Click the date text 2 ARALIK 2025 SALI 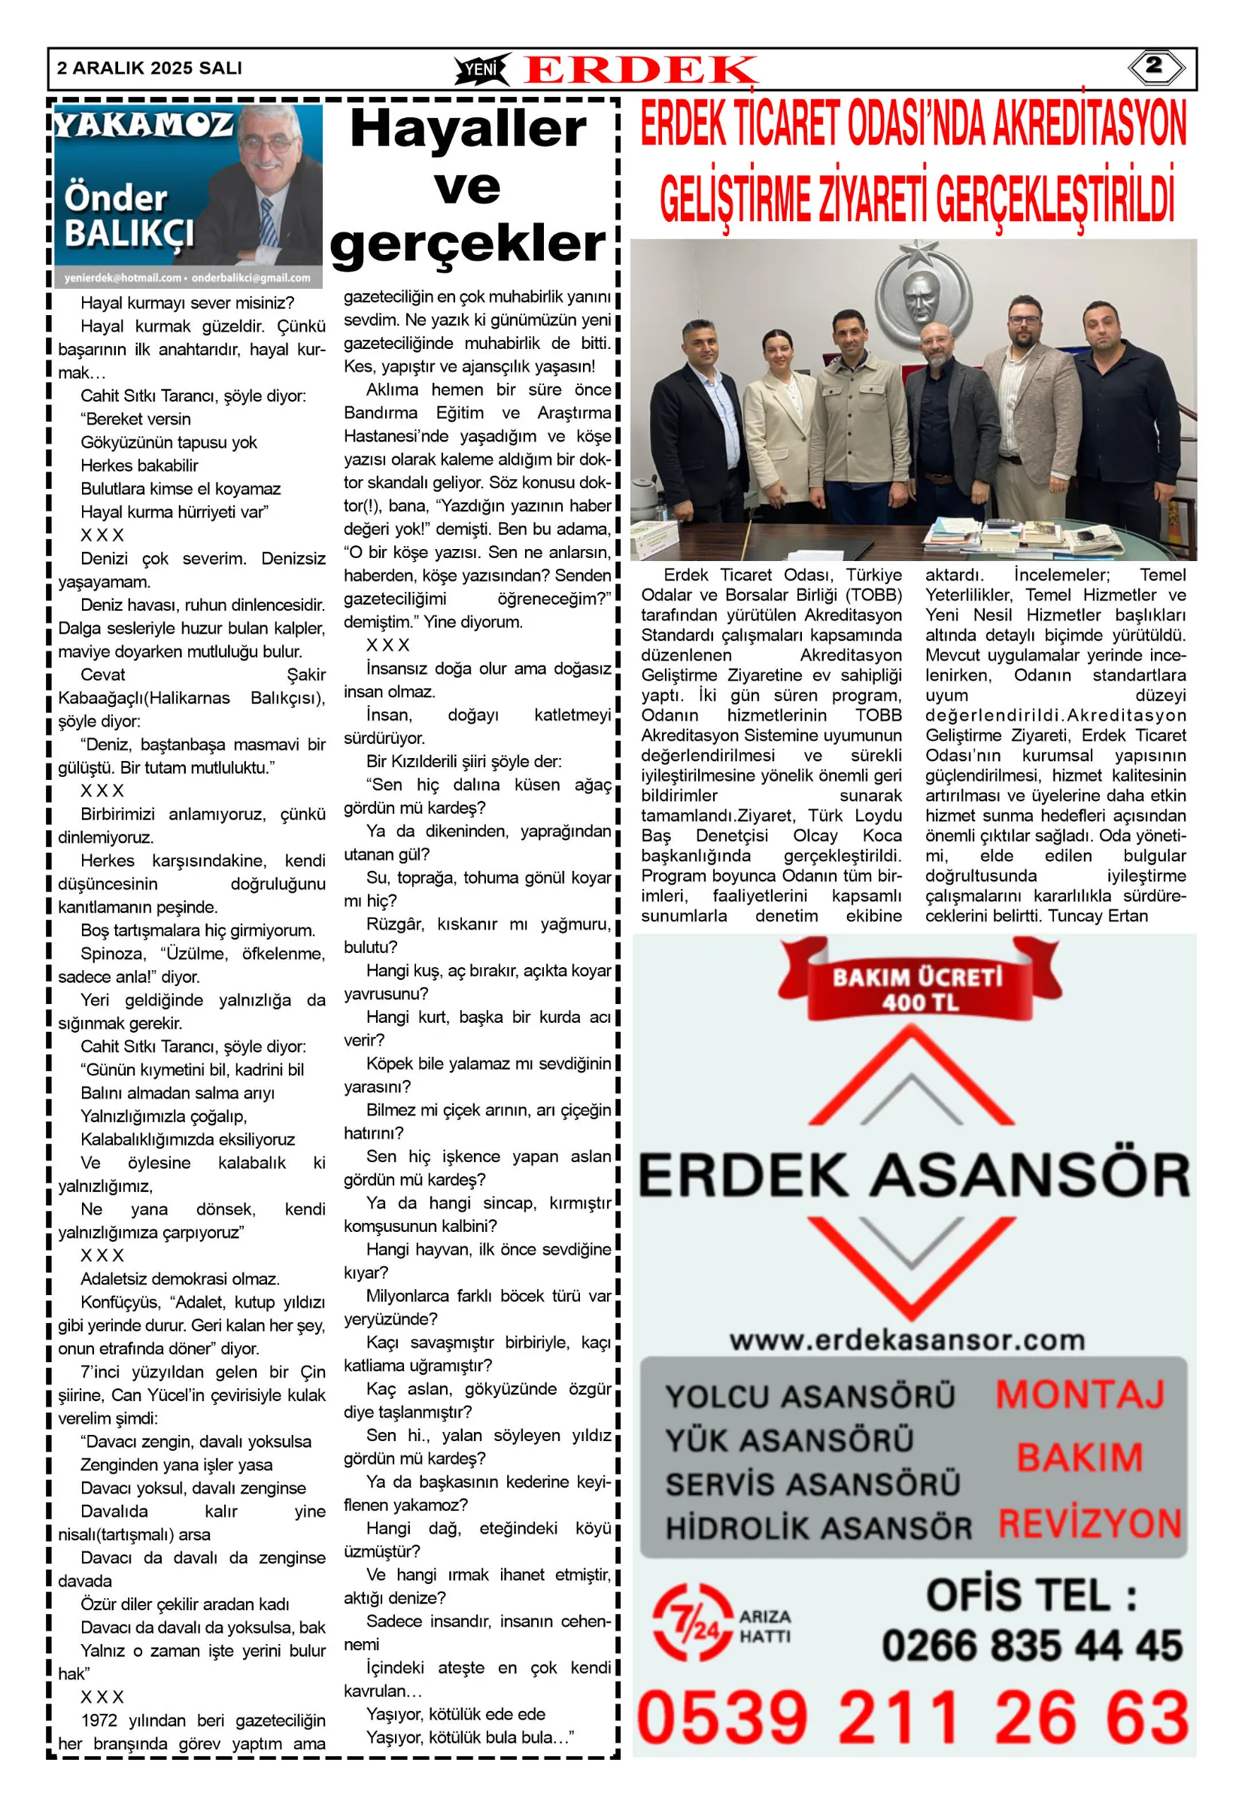click(150, 68)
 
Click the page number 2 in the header click(1155, 67)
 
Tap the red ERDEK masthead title click(639, 70)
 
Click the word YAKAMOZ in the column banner click(144, 125)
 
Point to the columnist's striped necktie click(267, 223)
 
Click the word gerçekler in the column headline click(468, 244)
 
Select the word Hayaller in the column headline click(468, 129)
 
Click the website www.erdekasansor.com click(907, 1339)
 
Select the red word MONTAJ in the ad click(1080, 1394)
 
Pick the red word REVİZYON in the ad click(1089, 1524)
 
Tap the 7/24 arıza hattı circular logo click(693, 1623)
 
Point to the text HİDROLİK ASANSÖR click(818, 1528)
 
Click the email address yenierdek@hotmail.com click(123, 278)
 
